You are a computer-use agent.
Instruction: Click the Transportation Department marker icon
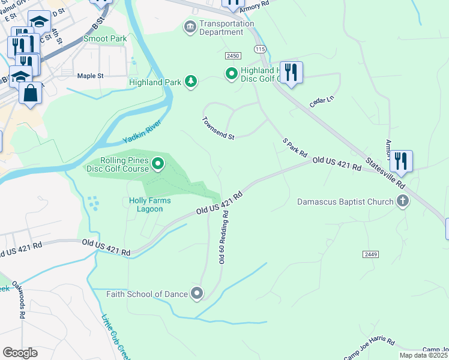pyautogui.click(x=190, y=27)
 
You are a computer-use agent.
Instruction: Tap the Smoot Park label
pyautogui.click(x=105, y=38)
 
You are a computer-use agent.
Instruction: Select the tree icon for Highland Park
pyautogui.click(x=191, y=81)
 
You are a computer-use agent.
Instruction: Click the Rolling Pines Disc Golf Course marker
pyautogui.click(x=158, y=163)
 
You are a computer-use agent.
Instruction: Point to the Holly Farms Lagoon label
pyautogui.click(x=145, y=205)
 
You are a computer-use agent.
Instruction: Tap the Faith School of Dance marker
pyautogui.click(x=197, y=293)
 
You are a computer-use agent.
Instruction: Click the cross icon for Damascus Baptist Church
pyautogui.click(x=403, y=202)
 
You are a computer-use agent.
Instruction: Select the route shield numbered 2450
pyautogui.click(x=234, y=55)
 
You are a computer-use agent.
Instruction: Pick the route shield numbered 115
pyautogui.click(x=259, y=48)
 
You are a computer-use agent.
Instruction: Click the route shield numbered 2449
pyautogui.click(x=370, y=254)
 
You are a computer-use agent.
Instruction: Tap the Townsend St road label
pyautogui.click(x=217, y=128)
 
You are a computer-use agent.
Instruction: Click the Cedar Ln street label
pyautogui.click(x=321, y=100)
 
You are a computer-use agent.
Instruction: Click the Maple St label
pyautogui.click(x=91, y=76)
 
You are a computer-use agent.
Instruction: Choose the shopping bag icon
pyautogui.click(x=30, y=94)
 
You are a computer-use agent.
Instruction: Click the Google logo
pyautogui.click(x=20, y=352)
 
